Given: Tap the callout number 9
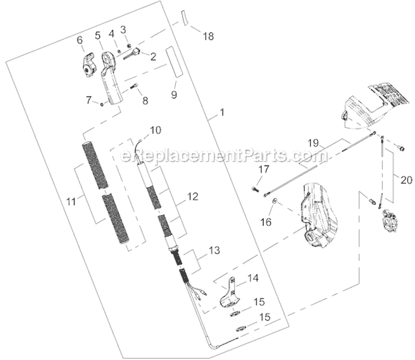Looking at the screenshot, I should [174, 95].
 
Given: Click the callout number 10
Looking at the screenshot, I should [155, 131].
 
